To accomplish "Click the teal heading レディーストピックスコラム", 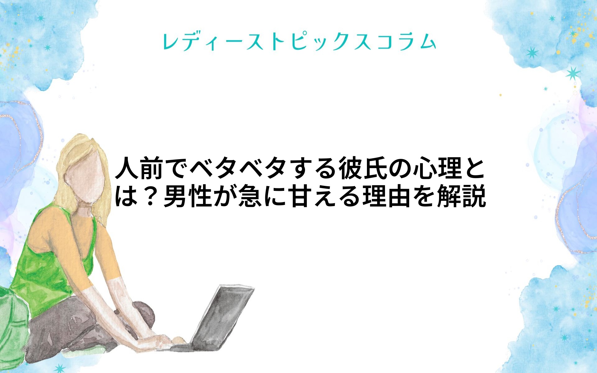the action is tap(299, 42).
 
